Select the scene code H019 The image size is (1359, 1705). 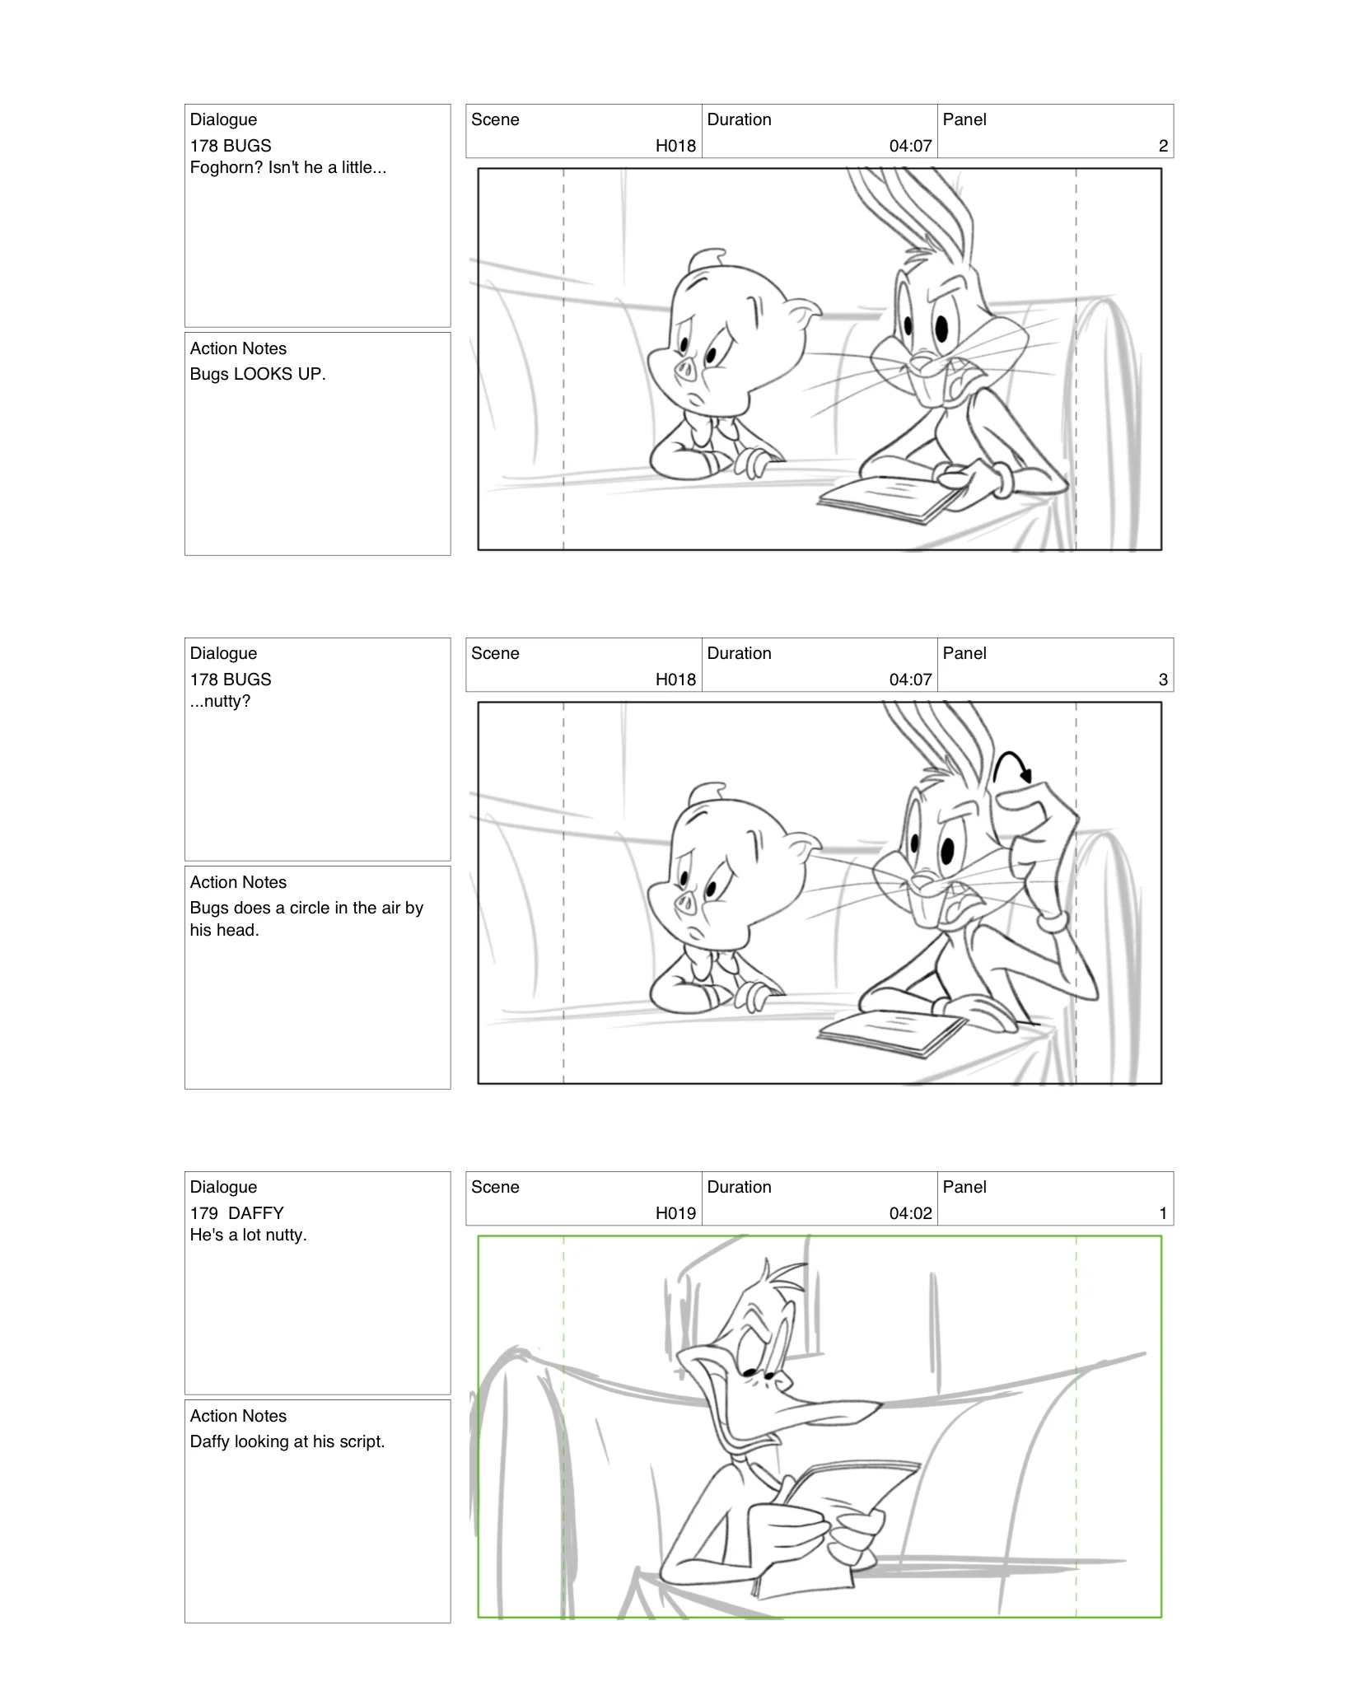675,1213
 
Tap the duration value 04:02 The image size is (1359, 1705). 910,1213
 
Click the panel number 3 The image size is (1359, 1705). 1163,680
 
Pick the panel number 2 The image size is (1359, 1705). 1163,146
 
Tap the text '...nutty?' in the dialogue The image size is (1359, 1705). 220,702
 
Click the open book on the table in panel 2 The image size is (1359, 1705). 890,497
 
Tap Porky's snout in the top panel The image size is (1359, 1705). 685,371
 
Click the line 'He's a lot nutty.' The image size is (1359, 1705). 248,1236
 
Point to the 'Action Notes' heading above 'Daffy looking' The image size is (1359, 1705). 238,1416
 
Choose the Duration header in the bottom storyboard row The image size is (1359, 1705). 739,1187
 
